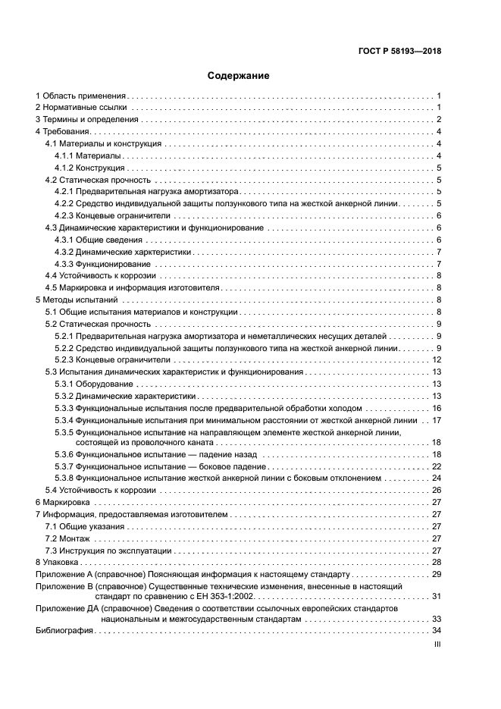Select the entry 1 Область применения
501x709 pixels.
click(80, 96)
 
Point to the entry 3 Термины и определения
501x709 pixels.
click(89, 120)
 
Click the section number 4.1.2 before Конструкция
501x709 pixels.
click(64, 168)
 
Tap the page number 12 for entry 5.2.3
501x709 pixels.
click(436, 359)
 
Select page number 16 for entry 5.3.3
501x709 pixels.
click(436, 408)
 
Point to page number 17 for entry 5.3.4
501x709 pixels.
click(436, 420)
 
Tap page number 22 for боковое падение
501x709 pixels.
click(436, 466)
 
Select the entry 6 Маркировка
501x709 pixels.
click(63, 502)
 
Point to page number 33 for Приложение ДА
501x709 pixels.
click(436, 619)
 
